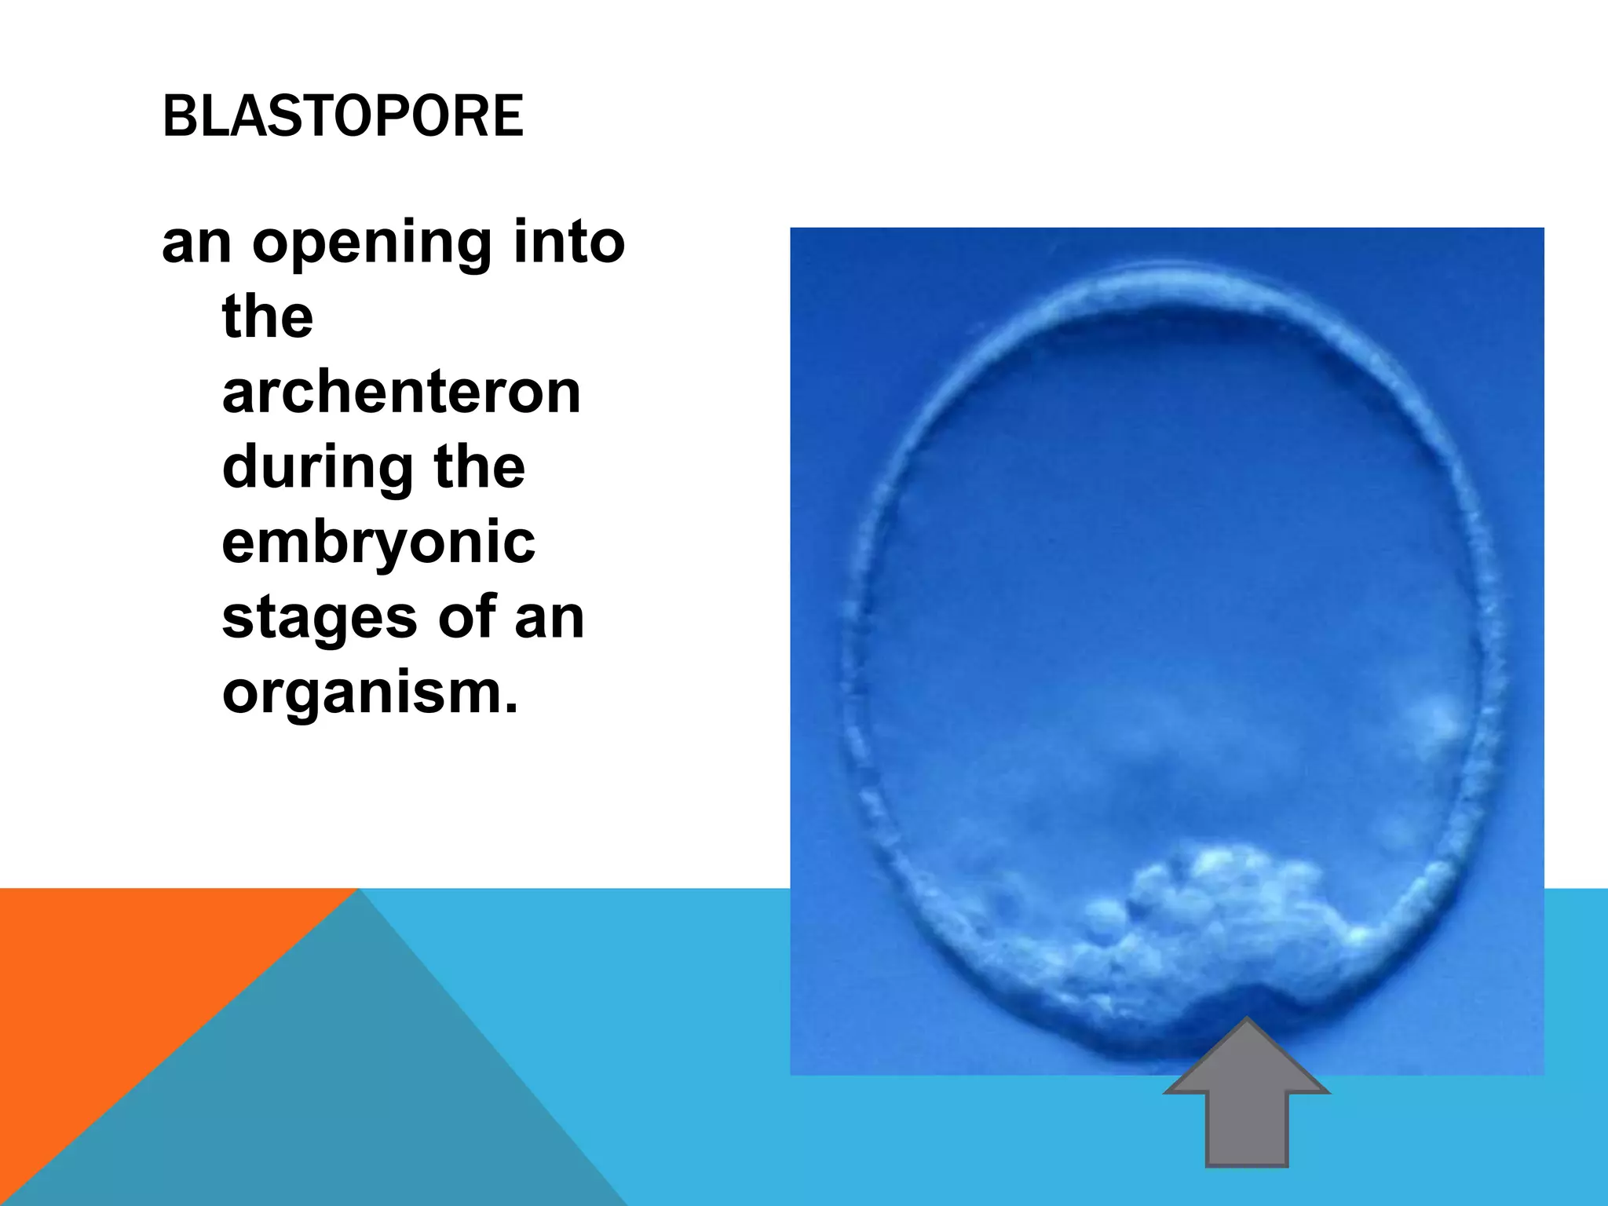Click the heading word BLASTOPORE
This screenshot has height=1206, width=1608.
[x=342, y=116]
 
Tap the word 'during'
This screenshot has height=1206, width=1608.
[x=317, y=467]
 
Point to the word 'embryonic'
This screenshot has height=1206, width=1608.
[x=378, y=543]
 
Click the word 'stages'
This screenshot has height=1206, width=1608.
[x=319, y=619]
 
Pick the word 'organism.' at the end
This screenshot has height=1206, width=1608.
[x=370, y=693]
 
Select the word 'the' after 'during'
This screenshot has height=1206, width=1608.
[x=479, y=467]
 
